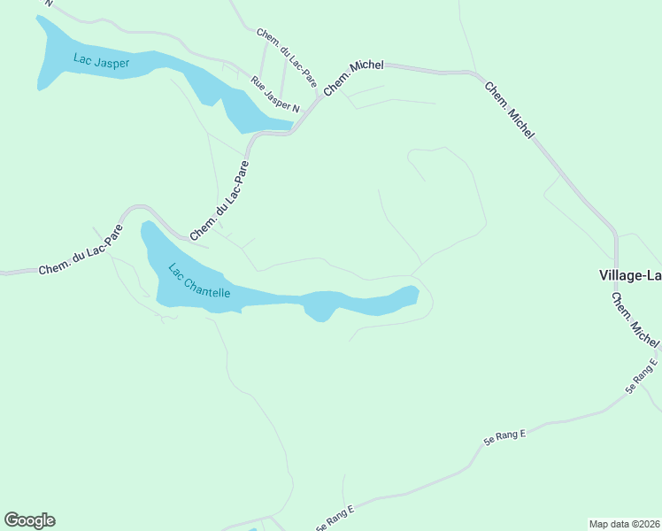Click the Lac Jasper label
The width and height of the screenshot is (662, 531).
[x=101, y=61]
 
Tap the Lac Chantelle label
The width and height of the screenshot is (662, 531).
[x=199, y=281]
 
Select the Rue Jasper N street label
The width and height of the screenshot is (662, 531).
[x=275, y=96]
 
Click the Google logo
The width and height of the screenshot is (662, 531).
[x=29, y=520]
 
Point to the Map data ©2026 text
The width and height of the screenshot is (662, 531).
[x=623, y=524]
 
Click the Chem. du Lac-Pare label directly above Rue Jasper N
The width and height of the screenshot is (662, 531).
[x=287, y=58]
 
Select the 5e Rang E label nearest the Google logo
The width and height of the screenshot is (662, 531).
[x=335, y=519]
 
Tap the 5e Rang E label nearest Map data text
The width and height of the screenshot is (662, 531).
[x=642, y=375]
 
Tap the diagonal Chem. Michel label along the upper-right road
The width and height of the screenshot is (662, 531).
[x=509, y=110]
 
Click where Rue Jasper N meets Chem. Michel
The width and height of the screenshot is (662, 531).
[x=318, y=95]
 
